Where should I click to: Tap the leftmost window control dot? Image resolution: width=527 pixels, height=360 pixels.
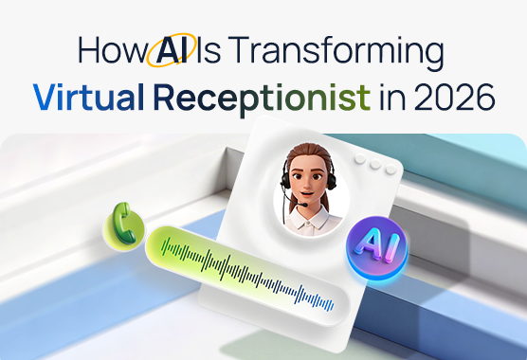(359, 163)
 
